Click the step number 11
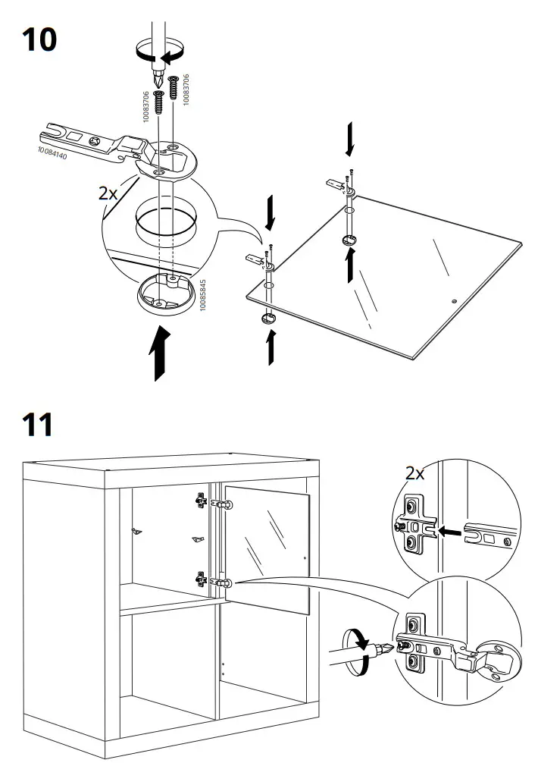click(38, 424)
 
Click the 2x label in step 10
click(108, 193)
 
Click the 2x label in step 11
click(415, 474)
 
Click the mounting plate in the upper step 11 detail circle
click(414, 524)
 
